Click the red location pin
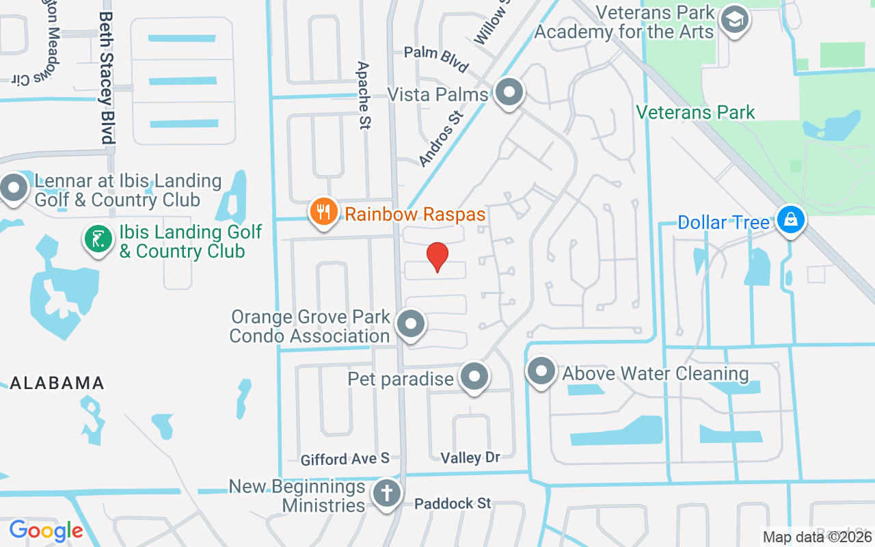coord(437,257)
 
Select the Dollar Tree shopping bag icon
coord(791,220)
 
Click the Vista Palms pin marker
coord(509,92)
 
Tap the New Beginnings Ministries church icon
coord(387,493)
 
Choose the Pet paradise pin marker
coord(474,377)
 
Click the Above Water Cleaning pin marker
coord(541,372)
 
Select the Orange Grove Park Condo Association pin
coord(411,325)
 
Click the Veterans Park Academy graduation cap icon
coord(735,21)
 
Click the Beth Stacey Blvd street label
coord(106,77)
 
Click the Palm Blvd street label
coord(436,59)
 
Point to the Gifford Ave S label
coord(345,458)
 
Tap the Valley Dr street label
coord(470,458)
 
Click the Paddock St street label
coord(453,504)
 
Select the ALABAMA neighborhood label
coord(57,383)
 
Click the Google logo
coord(46,531)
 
